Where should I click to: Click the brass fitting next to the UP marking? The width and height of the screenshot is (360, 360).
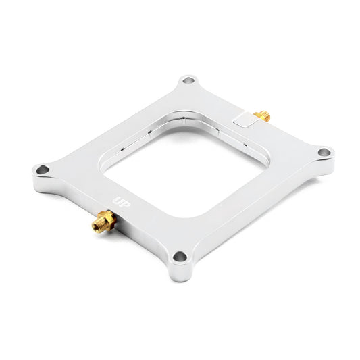(102, 222)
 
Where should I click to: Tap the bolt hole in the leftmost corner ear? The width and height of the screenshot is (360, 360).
(43, 169)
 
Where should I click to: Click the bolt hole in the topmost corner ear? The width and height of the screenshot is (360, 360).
(188, 82)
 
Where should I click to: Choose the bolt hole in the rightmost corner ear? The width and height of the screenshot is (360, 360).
(323, 152)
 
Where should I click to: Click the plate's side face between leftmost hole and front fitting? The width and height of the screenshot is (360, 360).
(64, 196)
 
